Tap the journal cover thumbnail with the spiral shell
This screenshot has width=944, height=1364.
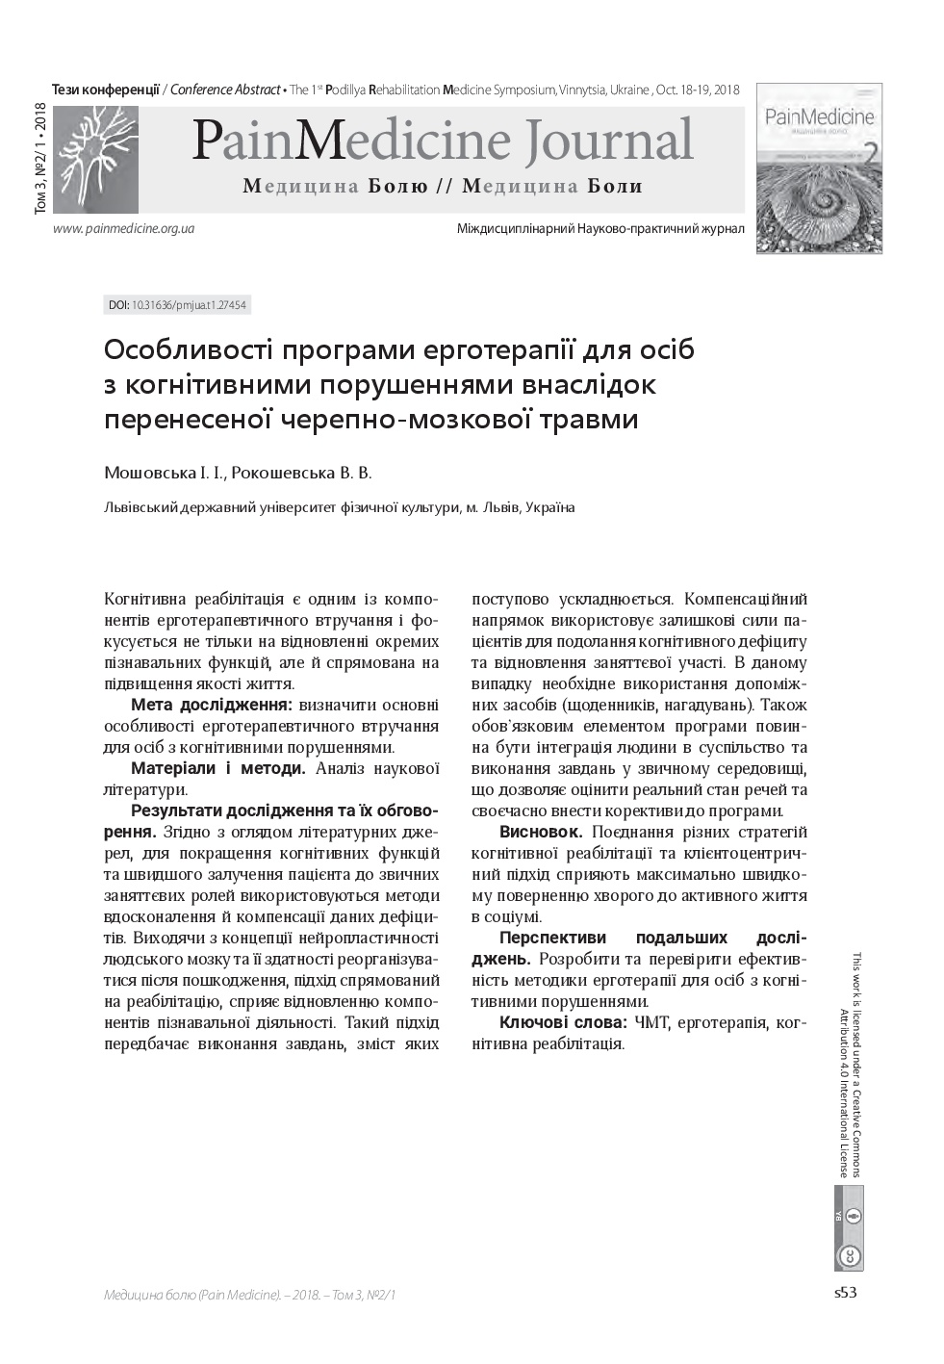[x=819, y=168]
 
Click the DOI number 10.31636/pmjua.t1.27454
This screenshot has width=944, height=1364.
[x=190, y=305]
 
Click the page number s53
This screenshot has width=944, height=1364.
[x=845, y=1293]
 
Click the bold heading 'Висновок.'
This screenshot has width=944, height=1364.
[x=541, y=832]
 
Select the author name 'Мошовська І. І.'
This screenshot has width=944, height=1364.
[x=164, y=473]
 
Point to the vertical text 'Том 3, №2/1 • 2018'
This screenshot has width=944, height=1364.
[x=40, y=158]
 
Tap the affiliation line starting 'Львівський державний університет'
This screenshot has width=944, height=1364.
[x=339, y=507]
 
